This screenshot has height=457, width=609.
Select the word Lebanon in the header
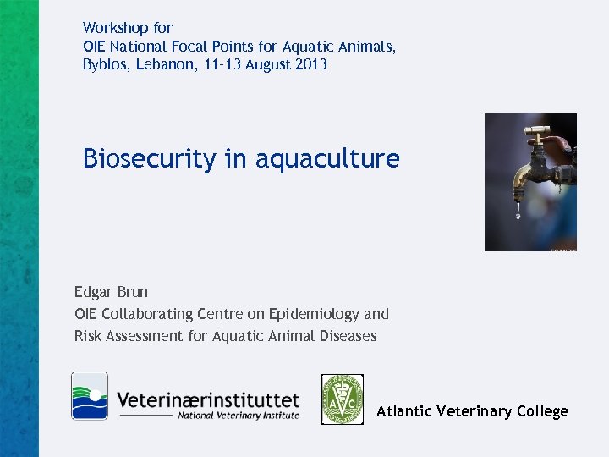point(162,64)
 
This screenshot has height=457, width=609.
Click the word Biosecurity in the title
point(149,158)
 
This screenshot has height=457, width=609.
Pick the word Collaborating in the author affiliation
point(154,314)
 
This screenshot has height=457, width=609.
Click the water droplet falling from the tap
point(518,216)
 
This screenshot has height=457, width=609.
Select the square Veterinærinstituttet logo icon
point(90,395)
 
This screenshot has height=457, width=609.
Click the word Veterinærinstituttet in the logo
point(208,398)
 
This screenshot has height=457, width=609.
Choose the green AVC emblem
point(343,399)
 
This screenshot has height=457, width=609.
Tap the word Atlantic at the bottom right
point(403,411)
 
